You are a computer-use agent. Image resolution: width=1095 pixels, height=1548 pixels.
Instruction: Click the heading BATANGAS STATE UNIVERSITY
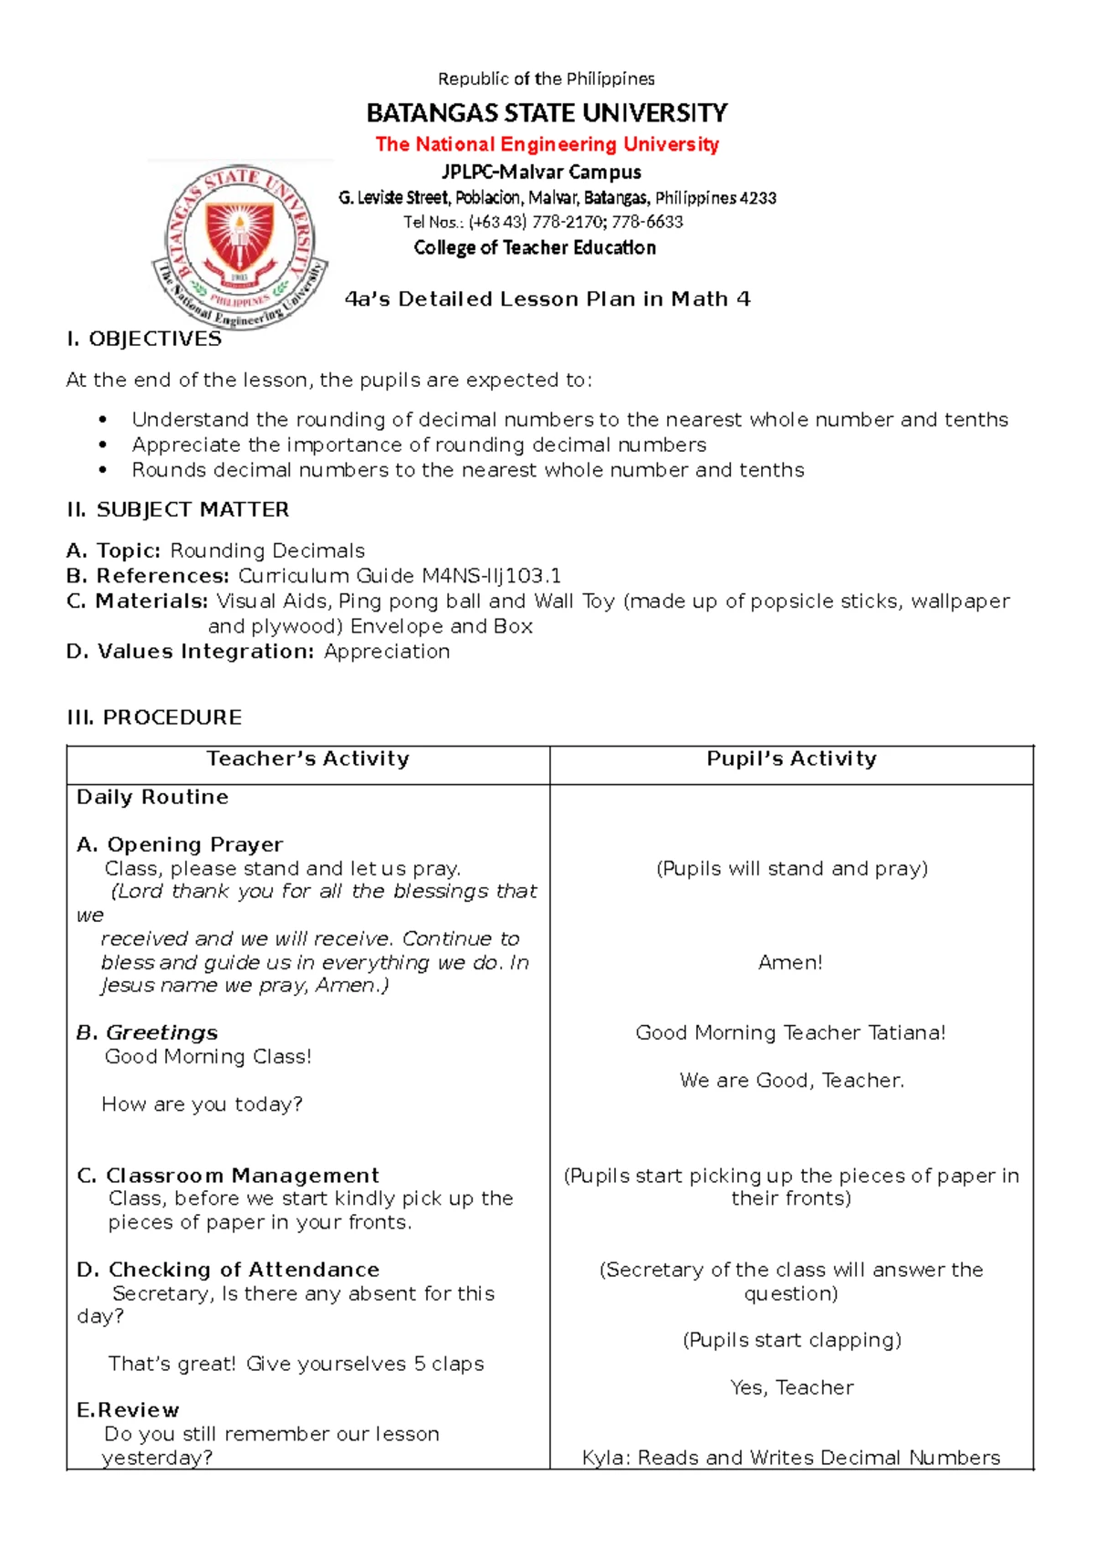click(547, 113)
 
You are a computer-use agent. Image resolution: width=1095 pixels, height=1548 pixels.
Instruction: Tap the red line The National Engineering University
click(547, 144)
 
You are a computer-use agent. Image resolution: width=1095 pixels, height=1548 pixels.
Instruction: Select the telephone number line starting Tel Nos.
click(543, 222)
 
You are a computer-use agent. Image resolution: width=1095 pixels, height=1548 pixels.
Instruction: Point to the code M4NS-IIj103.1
click(491, 576)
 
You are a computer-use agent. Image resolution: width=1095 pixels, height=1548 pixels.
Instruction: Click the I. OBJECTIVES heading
click(143, 340)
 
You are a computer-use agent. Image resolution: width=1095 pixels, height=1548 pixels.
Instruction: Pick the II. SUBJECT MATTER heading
click(177, 509)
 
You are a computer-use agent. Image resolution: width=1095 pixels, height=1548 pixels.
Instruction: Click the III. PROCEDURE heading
click(154, 717)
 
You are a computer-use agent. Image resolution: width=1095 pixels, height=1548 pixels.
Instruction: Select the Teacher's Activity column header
click(308, 758)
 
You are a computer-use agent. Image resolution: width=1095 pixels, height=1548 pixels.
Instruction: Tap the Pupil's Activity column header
click(791, 758)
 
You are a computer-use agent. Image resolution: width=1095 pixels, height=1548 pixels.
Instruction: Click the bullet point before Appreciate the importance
click(103, 445)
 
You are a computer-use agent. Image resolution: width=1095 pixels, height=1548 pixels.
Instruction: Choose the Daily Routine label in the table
click(152, 797)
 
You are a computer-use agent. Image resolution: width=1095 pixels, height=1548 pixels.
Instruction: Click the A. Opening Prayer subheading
click(180, 844)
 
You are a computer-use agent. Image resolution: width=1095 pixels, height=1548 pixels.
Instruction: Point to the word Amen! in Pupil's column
click(790, 962)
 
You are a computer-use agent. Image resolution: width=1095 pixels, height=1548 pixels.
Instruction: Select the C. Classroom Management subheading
click(228, 1176)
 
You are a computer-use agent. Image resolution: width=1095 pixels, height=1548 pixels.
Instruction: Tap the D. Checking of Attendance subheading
click(228, 1270)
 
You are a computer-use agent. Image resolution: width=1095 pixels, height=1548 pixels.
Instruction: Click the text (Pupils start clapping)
click(791, 1340)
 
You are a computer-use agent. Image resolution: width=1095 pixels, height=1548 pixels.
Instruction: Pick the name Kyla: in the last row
click(606, 1458)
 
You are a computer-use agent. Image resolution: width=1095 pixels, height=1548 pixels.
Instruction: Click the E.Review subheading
click(128, 1410)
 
